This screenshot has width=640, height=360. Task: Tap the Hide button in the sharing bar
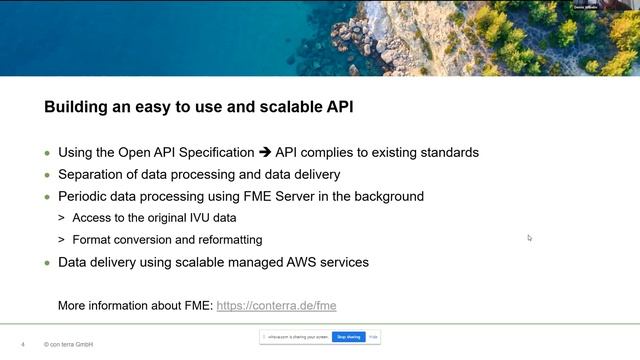[373, 337]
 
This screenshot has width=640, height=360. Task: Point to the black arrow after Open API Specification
[265, 153]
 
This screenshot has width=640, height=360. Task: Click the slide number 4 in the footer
[22, 344]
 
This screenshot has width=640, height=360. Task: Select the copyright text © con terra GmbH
[69, 344]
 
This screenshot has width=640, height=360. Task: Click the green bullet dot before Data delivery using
[46, 263]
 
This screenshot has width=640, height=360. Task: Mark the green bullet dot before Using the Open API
[46, 154]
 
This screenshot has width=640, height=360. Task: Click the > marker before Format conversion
[61, 240]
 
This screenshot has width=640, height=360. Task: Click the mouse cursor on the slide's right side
[529, 237]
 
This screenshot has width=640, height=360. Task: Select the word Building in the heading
[75, 107]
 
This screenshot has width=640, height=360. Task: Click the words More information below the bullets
[109, 305]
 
